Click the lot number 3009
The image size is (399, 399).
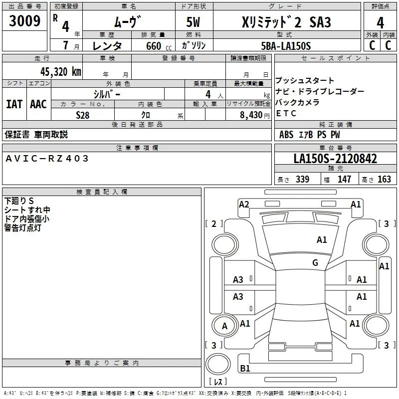coord(24,21)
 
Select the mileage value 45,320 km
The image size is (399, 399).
coord(61,72)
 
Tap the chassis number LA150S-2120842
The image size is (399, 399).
coord(335,159)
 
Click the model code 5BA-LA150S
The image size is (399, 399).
coord(286,46)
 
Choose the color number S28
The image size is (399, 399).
coord(83,115)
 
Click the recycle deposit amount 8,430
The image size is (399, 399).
coord(251,115)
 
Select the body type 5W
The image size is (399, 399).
coord(193,22)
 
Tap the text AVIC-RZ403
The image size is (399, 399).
coord(47,159)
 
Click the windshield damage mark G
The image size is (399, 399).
coord(315,263)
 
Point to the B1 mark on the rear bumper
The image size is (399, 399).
coord(245,368)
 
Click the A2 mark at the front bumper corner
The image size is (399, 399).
coord(244,204)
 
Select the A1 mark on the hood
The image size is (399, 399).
coord(322,240)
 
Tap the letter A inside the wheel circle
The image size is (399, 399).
coord(224,326)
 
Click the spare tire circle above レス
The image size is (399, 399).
coord(218,365)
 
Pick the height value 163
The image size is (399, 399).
coord(384,179)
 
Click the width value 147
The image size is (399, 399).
coord(344,179)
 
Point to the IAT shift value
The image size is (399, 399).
coord(14,104)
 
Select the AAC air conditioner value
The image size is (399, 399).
coord(38,104)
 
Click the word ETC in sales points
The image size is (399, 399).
coord(286,113)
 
